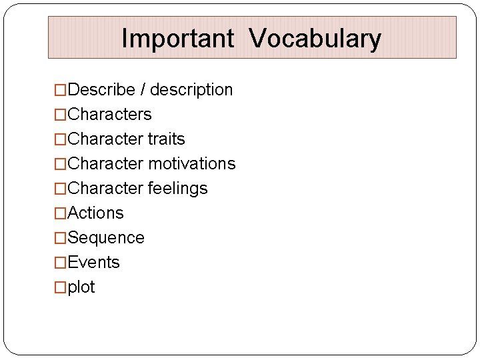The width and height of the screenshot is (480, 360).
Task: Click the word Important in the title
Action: tap(177, 39)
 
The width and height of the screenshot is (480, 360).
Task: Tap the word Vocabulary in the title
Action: tap(315, 39)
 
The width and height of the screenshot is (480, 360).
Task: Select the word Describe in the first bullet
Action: tap(101, 90)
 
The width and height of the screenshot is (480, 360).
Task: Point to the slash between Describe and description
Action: tap(142, 90)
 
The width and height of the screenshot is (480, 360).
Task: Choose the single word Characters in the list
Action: tap(110, 115)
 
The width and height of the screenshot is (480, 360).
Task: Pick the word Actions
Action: tap(96, 213)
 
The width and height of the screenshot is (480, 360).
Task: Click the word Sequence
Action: tap(106, 238)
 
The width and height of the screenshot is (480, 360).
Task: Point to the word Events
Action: tap(94, 263)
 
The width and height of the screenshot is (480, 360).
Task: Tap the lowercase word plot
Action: tap(81, 287)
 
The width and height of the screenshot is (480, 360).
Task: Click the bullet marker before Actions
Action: tap(61, 213)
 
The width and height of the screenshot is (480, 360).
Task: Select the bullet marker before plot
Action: tap(61, 287)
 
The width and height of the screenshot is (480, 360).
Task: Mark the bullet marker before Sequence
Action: tap(61, 238)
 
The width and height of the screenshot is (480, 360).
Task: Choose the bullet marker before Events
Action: tap(61, 263)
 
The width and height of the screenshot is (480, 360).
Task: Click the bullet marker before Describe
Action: tap(61, 90)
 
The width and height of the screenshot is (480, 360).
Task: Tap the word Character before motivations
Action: tap(105, 164)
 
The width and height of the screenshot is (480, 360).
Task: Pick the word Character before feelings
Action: tap(105, 189)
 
